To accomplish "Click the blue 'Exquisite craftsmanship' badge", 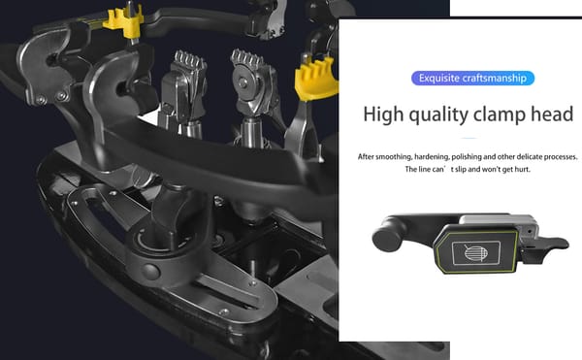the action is (473, 79).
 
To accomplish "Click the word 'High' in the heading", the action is (383, 114).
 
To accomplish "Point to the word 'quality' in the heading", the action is (438, 115).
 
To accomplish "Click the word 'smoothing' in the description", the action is (394, 157).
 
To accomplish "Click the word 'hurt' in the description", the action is (522, 170).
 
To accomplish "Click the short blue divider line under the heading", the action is (469, 138).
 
